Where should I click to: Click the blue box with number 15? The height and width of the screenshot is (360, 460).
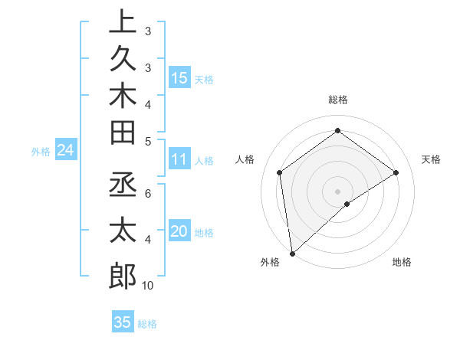point(179,77)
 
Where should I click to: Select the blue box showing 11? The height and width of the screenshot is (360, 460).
point(179,159)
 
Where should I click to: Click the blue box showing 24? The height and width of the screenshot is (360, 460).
point(65,151)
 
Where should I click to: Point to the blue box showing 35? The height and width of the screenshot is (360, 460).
point(122,322)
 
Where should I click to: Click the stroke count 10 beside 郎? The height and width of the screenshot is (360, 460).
point(147,286)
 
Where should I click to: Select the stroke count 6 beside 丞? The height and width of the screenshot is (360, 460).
point(147,194)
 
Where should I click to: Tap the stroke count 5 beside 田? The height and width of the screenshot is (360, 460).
point(147,140)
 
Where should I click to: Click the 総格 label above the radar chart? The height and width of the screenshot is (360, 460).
point(337,100)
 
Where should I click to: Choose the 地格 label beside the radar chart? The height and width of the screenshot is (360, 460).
point(402,263)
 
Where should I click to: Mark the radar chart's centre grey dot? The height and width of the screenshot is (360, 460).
point(337,190)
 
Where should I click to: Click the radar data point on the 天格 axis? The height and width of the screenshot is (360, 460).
point(396,172)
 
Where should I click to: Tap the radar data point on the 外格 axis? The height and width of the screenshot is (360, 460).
point(292,253)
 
